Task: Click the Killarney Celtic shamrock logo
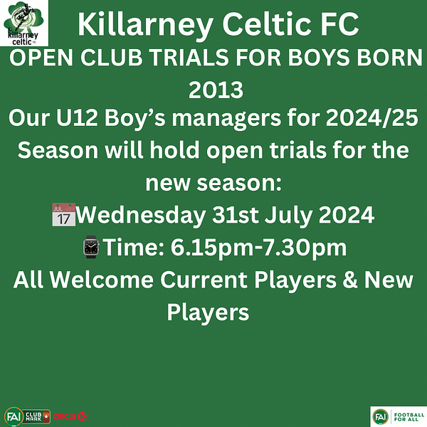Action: [24, 23]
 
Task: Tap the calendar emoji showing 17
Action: [64, 214]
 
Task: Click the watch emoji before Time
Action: [91, 247]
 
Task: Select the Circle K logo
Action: [70, 416]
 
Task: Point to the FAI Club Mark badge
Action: [27, 416]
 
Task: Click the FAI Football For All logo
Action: [399, 416]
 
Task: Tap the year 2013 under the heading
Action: [216, 90]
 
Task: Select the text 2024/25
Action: [371, 117]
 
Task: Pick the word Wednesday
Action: [140, 215]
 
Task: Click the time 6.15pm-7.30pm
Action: [258, 248]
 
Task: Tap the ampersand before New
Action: [350, 280]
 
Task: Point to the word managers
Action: [226, 119]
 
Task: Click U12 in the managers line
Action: [77, 118]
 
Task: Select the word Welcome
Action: [102, 280]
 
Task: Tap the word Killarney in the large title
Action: [146, 26]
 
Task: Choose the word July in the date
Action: [288, 216]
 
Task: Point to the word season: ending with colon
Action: [239, 183]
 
